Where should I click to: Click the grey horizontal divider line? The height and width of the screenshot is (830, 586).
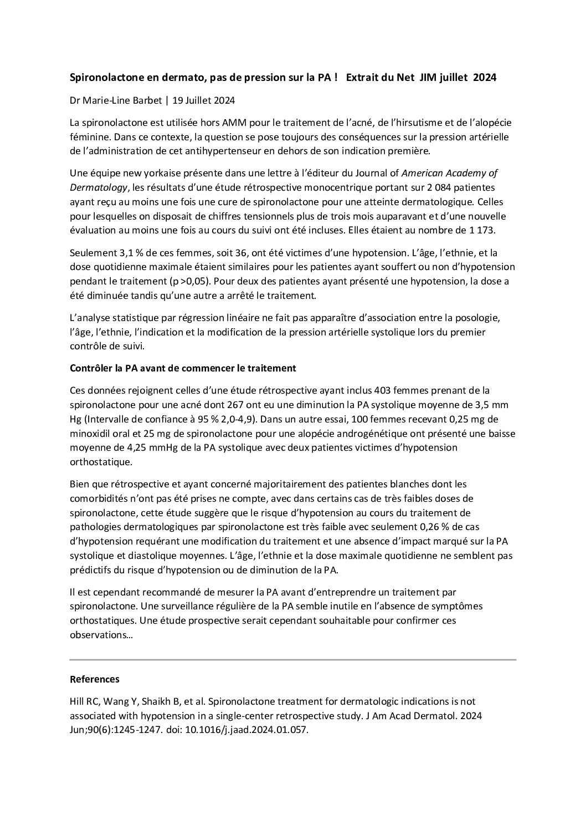(292, 660)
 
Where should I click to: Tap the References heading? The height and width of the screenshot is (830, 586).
(94, 679)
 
